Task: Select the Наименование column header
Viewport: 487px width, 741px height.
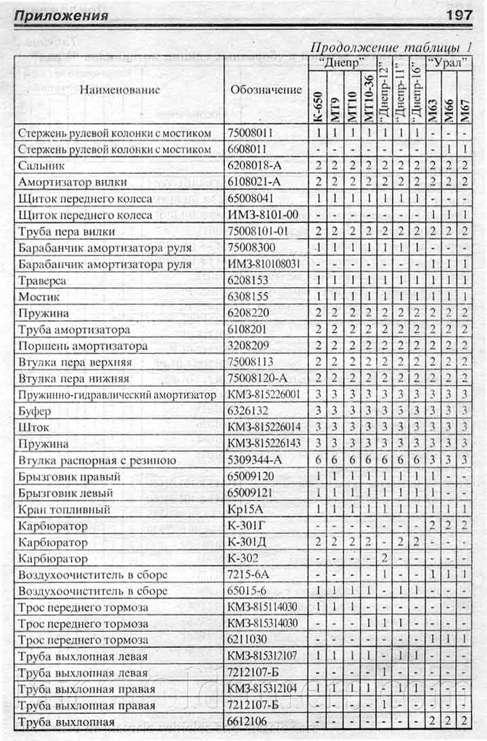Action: [x=120, y=89]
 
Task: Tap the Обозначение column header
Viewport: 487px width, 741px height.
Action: [x=266, y=89]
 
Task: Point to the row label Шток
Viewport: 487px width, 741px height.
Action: [x=33, y=427]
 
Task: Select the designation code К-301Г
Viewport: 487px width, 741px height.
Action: [x=246, y=526]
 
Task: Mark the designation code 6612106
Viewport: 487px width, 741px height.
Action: [x=250, y=722]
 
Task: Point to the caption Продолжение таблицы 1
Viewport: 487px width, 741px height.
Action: [x=391, y=48]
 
